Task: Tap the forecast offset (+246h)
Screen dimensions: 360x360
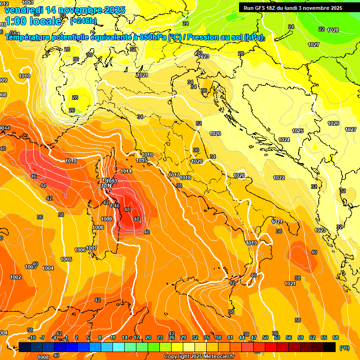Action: (x=83, y=21)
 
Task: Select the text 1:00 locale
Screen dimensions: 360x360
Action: (x=32, y=21)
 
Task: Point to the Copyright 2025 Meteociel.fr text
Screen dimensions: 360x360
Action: (x=199, y=356)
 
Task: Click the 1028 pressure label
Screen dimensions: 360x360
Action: (x=333, y=30)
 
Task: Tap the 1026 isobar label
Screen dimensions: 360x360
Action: (x=333, y=123)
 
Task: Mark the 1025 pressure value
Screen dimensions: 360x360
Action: (x=298, y=131)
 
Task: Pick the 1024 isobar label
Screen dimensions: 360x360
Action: (x=284, y=140)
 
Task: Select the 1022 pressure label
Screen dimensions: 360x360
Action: (x=279, y=178)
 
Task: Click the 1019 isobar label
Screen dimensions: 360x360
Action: (x=251, y=243)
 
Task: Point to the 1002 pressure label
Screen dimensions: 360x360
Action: (x=15, y=277)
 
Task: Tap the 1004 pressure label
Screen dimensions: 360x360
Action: (x=48, y=268)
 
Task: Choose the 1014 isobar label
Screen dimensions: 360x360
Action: (x=126, y=171)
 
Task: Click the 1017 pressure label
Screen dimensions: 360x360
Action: (x=174, y=175)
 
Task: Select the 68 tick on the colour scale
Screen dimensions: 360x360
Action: (x=336, y=337)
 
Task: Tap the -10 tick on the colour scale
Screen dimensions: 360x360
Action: (x=32, y=337)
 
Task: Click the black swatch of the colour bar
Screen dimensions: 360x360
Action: (x=330, y=347)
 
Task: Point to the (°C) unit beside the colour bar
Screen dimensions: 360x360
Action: (x=344, y=347)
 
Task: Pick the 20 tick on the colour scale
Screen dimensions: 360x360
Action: (x=148, y=337)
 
